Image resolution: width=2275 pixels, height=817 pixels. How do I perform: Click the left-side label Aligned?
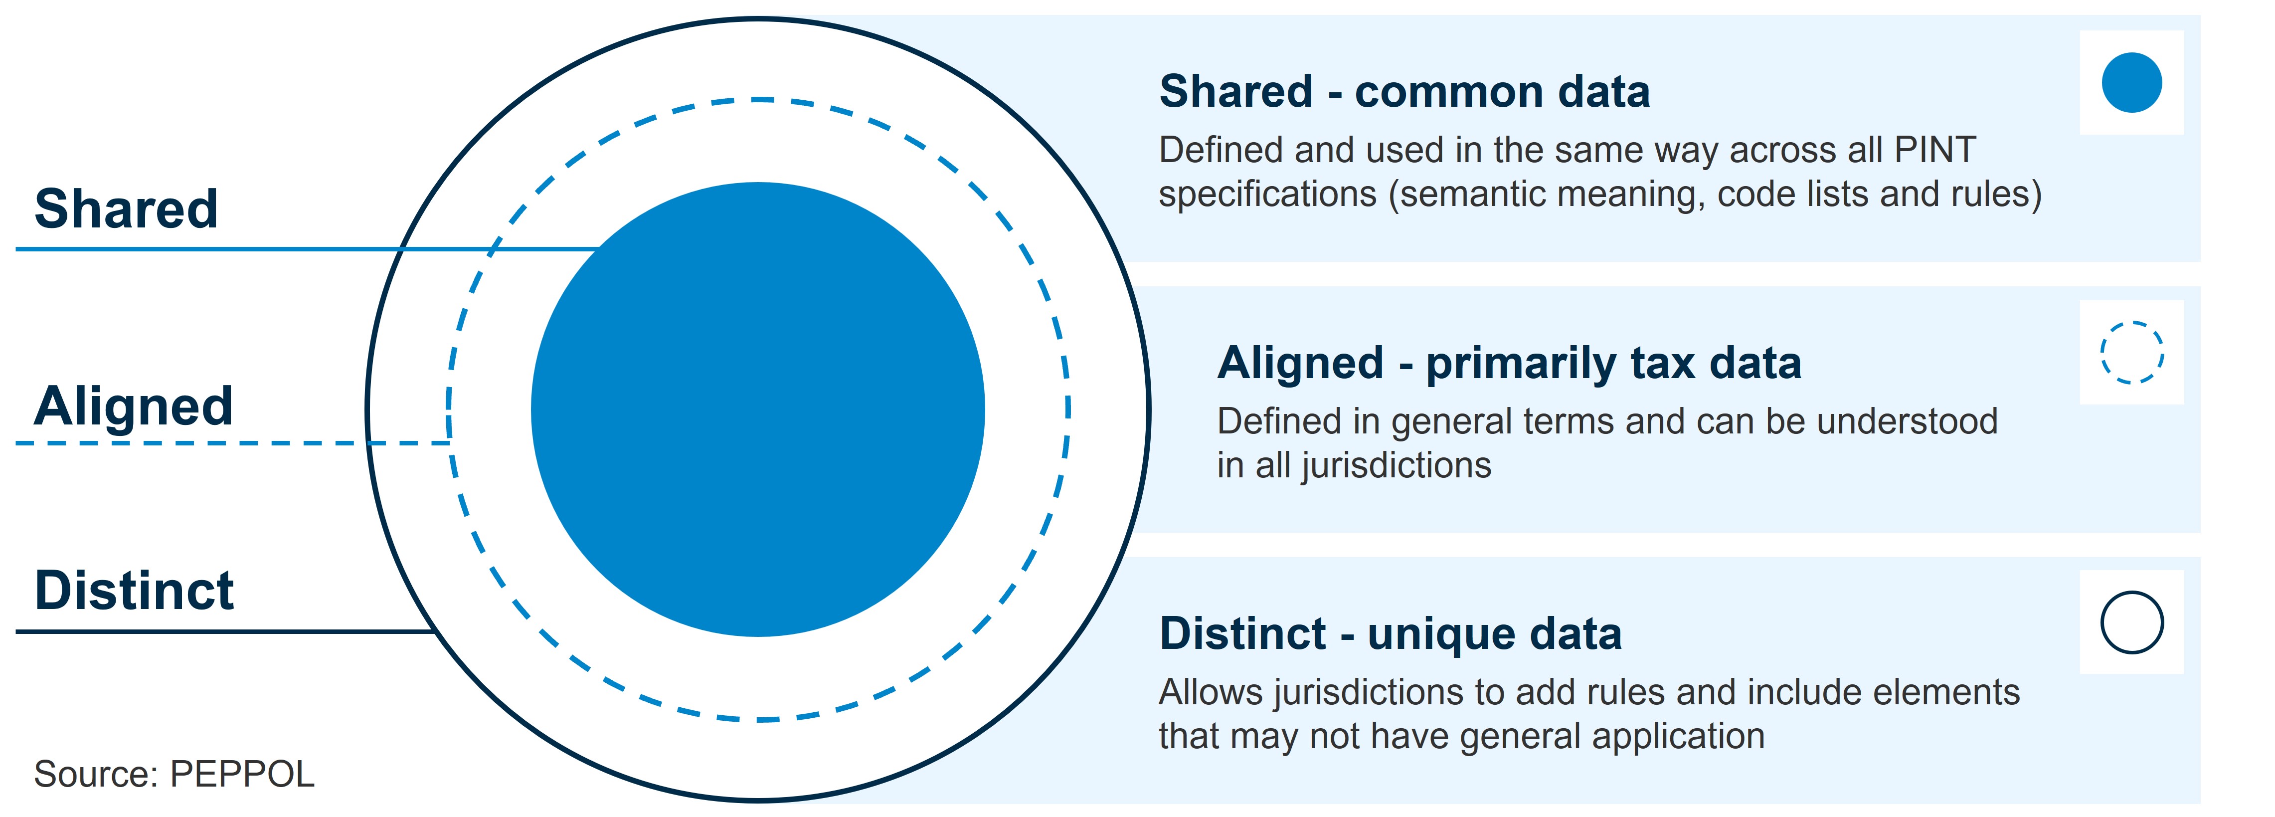coord(133,407)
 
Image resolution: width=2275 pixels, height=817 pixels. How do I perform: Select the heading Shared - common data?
coord(1404,92)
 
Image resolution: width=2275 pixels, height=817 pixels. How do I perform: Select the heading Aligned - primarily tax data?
coord(1509,363)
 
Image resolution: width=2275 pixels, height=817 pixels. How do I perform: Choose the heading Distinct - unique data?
coord(1390,634)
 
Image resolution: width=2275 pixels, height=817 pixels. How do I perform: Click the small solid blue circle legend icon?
coord(2132,83)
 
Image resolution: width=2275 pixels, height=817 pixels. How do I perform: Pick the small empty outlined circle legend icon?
coord(2132,622)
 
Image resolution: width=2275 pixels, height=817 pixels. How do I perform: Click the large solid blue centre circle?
coord(758,409)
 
